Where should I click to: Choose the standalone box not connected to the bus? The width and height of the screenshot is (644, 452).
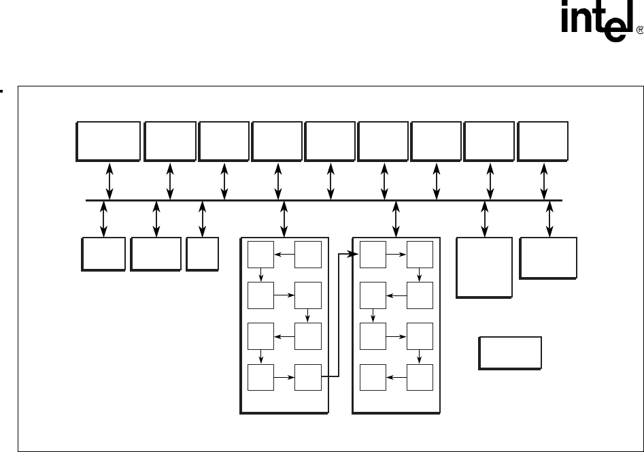[510, 353]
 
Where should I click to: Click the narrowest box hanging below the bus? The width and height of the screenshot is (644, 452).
[202, 253]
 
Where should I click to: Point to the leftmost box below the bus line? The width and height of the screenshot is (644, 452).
[103, 253]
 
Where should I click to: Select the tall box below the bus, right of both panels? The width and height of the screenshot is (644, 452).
[484, 268]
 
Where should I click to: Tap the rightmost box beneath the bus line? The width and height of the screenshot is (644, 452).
[548, 258]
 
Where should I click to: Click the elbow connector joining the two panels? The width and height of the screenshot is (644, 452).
[339, 314]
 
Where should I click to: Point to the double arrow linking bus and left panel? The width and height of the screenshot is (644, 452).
[284, 219]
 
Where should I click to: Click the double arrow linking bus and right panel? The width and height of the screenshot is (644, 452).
[396, 219]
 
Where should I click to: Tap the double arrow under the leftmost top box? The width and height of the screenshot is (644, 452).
[110, 181]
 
